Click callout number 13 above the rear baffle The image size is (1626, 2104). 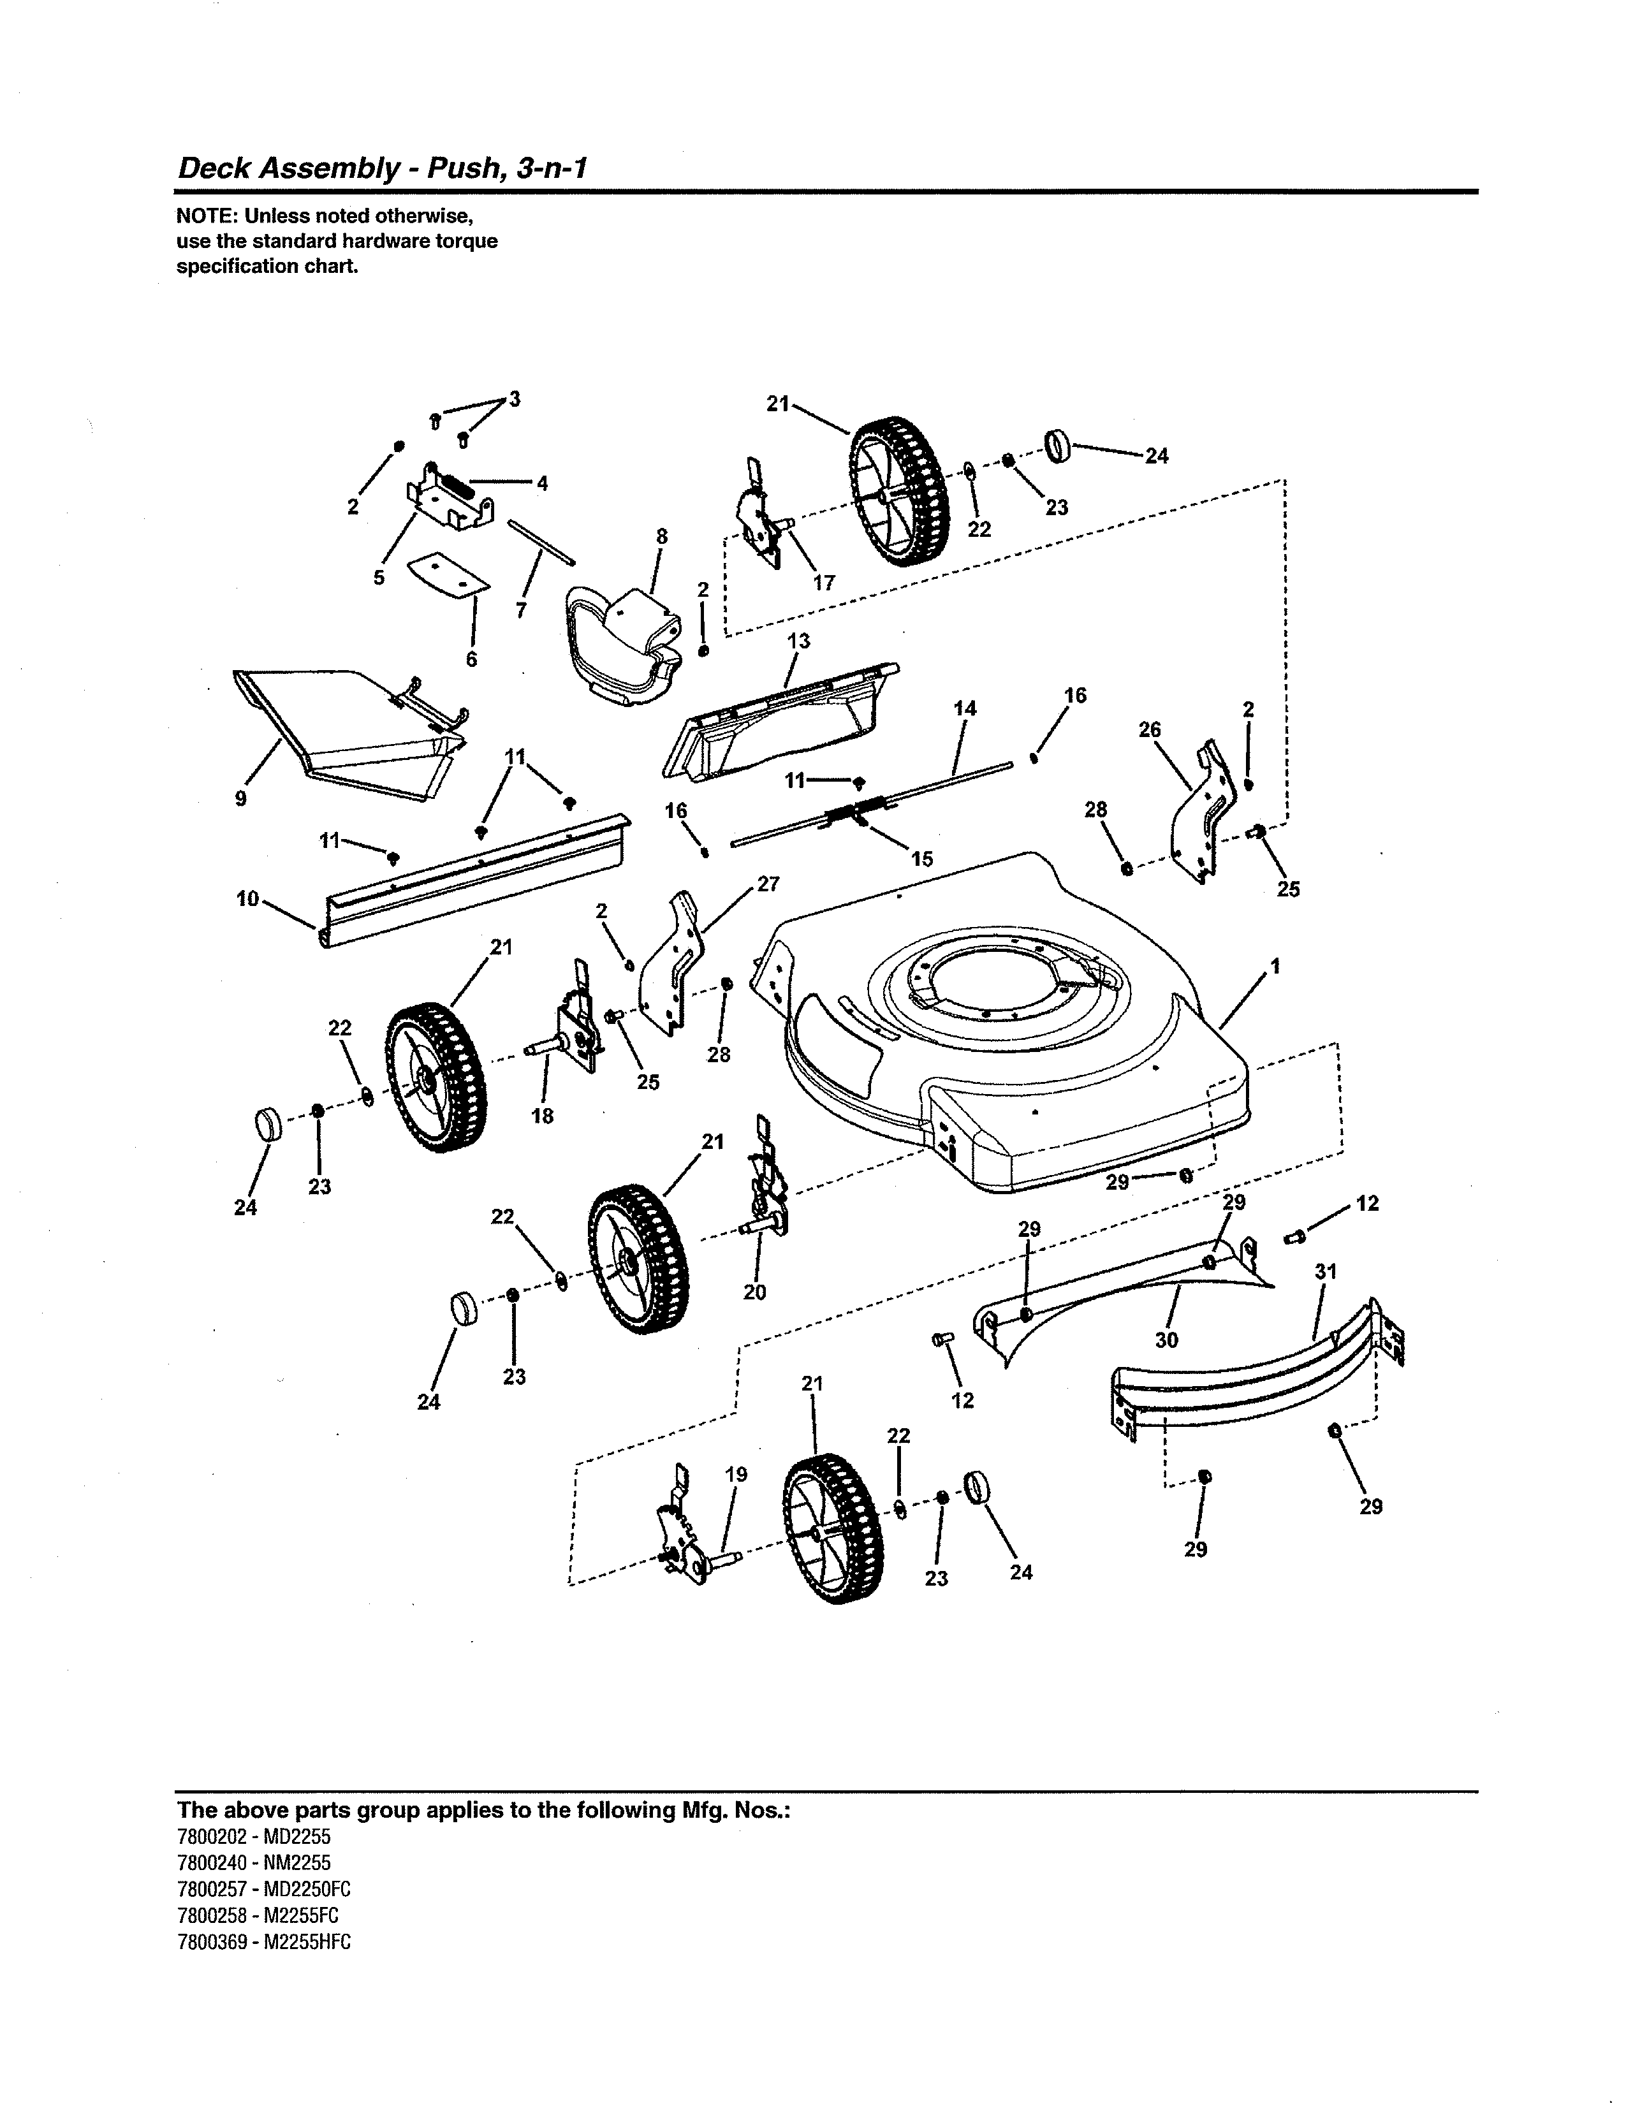click(x=798, y=641)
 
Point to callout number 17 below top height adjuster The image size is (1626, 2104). click(x=824, y=583)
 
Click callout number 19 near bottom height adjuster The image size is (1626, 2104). click(x=736, y=1474)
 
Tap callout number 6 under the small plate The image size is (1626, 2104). click(x=472, y=659)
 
